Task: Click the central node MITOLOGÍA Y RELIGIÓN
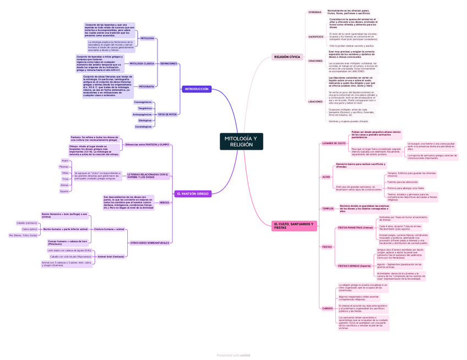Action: click(241, 141)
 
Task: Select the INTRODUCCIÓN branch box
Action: click(197, 89)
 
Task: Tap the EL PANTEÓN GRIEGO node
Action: click(193, 194)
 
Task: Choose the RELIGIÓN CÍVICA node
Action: click(287, 57)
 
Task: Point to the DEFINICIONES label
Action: click(169, 64)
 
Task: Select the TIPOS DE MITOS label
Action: click(167, 114)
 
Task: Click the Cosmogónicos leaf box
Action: click(143, 102)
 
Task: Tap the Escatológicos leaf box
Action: click(144, 127)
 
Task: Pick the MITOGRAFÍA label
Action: click(146, 86)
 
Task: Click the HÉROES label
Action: click(164, 203)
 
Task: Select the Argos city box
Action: click(65, 161)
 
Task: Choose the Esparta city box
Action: click(64, 192)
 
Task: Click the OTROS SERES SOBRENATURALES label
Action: click(150, 243)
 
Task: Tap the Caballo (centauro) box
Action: click(27, 223)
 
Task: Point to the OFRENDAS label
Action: click(315, 12)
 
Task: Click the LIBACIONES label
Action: click(316, 102)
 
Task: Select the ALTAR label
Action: click(326, 177)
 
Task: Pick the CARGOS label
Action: click(327, 308)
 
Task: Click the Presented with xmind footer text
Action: click(233, 355)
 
